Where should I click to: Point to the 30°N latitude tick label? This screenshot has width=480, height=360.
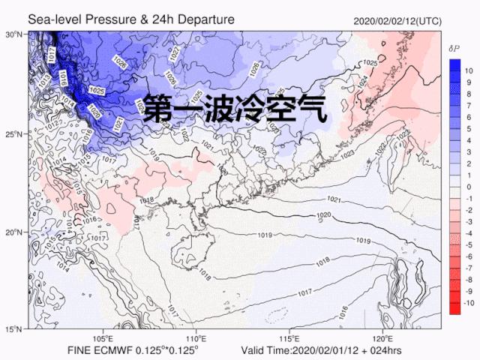click(x=14, y=34)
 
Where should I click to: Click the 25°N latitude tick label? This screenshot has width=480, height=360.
click(x=14, y=133)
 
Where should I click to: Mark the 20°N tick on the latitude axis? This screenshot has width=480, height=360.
click(x=14, y=232)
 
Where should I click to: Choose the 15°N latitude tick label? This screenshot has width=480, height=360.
click(x=14, y=329)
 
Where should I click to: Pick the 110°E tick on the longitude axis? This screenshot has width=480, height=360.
click(x=196, y=338)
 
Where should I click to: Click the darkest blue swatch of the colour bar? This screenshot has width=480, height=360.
click(x=454, y=65)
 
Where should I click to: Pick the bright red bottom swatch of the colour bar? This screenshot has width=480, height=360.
click(x=454, y=305)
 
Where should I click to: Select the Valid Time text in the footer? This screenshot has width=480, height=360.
click(x=267, y=351)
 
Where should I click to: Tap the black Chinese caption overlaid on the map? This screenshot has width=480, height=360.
click(x=235, y=110)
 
